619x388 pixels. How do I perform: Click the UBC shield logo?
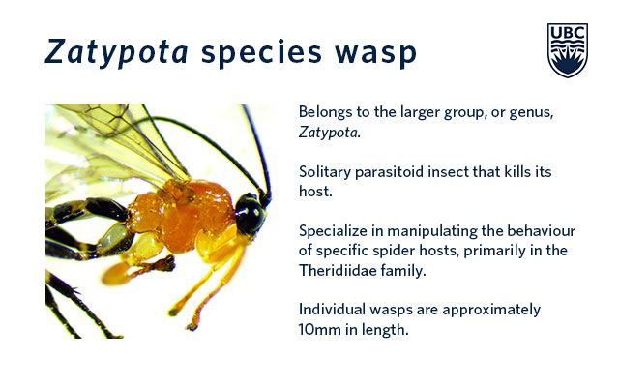click(x=568, y=50)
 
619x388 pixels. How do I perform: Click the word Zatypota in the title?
click(x=117, y=52)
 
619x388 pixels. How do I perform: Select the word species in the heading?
click(x=261, y=53)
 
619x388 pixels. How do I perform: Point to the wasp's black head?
click(x=251, y=214)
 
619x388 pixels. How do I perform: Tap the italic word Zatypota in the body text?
click(x=329, y=133)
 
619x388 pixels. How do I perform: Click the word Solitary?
click(x=325, y=172)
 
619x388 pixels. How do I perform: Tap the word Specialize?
click(x=333, y=231)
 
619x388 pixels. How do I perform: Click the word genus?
click(x=531, y=113)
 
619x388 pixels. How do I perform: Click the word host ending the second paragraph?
click(x=313, y=192)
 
